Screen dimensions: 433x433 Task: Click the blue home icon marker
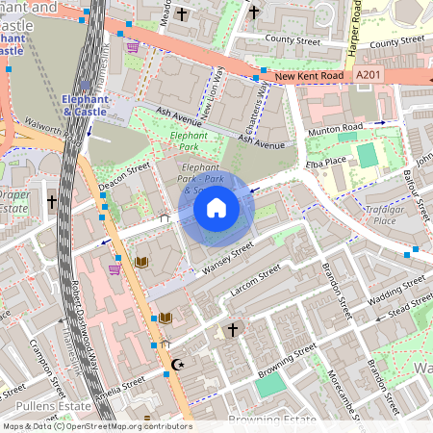[216, 207]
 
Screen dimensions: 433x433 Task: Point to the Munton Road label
[335, 128]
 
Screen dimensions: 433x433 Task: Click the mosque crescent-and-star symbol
[176, 365]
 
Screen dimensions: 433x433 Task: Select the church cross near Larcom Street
[232, 330]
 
